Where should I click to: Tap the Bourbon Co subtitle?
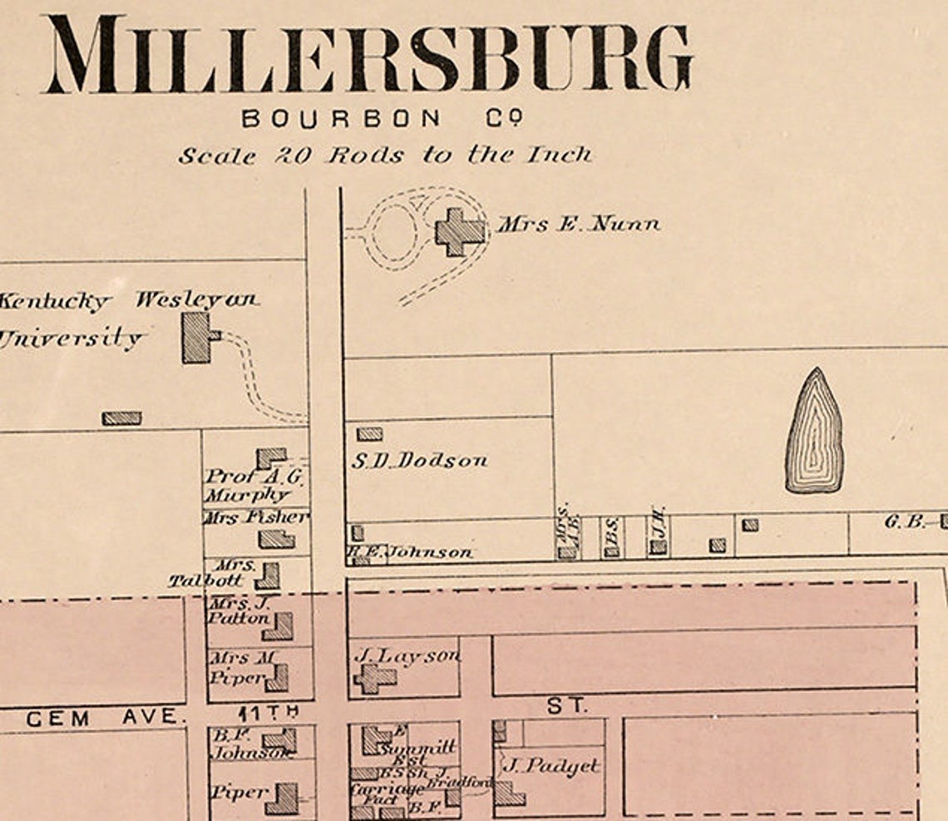tap(383, 119)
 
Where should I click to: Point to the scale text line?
tap(385, 156)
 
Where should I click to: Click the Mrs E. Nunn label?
tap(579, 224)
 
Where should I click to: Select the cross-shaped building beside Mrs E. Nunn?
tap(459, 231)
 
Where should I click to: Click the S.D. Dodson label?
tap(418, 461)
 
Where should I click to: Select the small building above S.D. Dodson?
tap(369, 434)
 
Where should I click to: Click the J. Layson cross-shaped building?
tap(374, 678)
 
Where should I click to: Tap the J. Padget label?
tap(550, 766)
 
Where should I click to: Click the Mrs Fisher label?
tap(257, 517)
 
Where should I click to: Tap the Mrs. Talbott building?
tap(268, 576)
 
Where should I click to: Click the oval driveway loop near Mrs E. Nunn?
tap(394, 230)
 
